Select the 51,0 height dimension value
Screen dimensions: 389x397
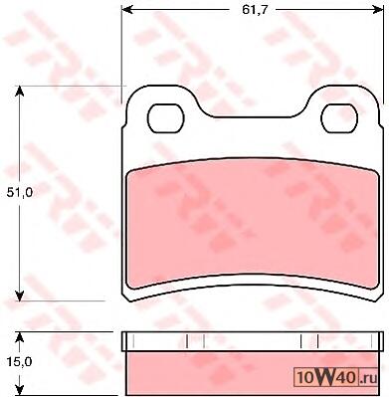point(20,193)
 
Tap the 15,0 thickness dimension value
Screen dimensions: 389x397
point(20,362)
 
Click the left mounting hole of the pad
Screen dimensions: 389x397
point(165,118)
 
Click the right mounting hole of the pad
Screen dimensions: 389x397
point(339,118)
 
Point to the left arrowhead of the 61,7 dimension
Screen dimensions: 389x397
point(127,10)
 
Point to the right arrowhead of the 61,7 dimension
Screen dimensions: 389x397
point(378,10)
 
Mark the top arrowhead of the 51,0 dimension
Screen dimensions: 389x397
point(20,92)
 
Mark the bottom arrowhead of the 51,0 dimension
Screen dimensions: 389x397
point(20,296)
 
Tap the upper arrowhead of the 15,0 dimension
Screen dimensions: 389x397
point(20,337)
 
